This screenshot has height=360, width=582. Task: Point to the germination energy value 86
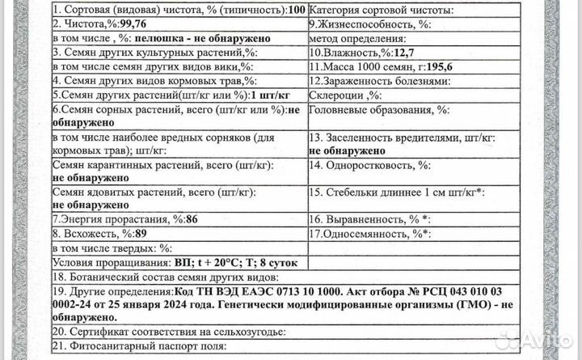[192, 220]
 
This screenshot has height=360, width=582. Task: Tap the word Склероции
[336, 95]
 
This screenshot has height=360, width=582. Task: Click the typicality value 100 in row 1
[296, 11]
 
